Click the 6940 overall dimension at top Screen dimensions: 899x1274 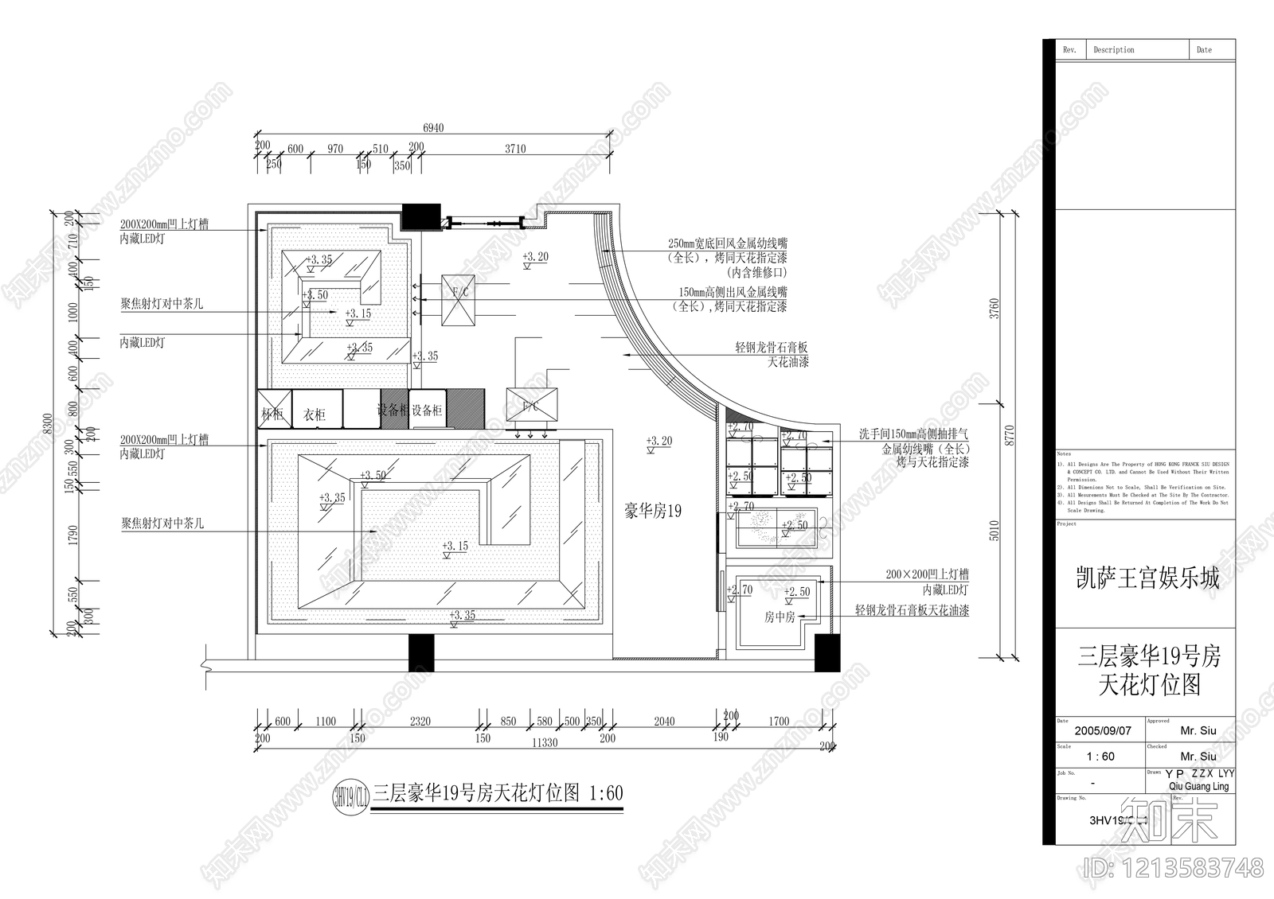433,127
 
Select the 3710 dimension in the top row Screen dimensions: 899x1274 515,149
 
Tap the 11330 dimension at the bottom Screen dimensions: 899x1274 545,742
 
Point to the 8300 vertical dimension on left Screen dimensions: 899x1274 47,423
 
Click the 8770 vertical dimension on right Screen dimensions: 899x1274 1010,434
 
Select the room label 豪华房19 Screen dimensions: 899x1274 653,512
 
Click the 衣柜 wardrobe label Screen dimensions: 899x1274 315,414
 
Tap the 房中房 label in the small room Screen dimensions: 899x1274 780,617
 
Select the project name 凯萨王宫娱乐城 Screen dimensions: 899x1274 1147,578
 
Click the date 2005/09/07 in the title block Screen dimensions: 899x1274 1103,730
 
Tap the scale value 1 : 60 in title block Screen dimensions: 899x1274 1100,757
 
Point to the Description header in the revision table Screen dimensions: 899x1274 1113,50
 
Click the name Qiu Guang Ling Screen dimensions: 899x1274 1198,786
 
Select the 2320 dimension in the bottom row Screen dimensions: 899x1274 420,722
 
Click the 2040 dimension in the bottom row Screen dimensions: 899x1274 664,722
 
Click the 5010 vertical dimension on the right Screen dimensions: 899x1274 994,530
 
